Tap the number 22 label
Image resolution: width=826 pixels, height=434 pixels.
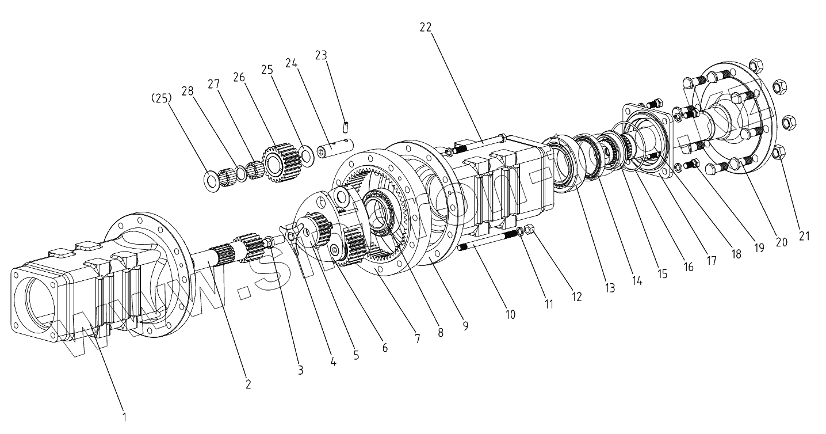[426, 28]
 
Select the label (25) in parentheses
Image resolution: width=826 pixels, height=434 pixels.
[162, 98]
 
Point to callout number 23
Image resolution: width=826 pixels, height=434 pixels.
[321, 55]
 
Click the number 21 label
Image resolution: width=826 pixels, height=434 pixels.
[804, 235]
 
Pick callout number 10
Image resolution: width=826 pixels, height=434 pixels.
[510, 314]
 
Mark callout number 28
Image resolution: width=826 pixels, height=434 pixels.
[187, 92]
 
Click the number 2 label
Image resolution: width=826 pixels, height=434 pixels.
[248, 384]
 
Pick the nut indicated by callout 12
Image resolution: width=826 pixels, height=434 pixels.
[530, 230]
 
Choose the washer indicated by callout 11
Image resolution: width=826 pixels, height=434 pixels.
[521, 232]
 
